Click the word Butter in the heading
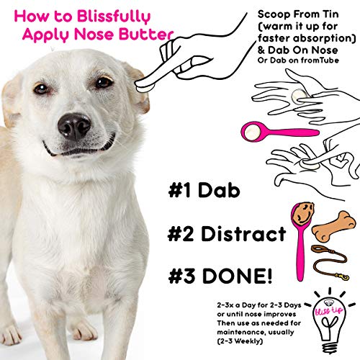(x=147, y=33)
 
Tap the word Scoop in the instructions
(x=276, y=15)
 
